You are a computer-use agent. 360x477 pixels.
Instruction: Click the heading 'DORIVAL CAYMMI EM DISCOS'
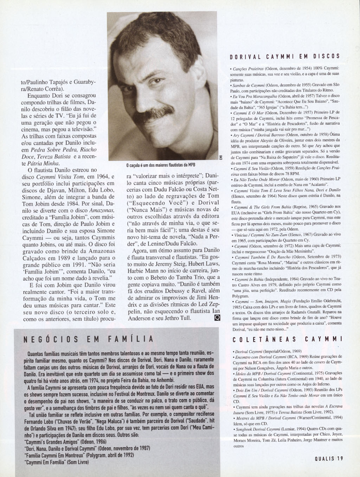click(x=284, y=56)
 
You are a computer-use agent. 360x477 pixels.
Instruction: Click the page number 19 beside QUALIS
click(x=339, y=458)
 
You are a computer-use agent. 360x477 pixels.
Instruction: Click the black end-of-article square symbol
click(x=217, y=318)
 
